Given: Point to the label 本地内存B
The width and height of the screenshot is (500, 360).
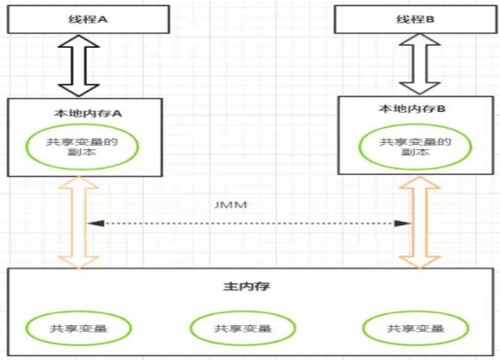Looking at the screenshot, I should pos(412,109).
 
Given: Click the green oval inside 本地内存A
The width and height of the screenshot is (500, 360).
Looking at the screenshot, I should pos(82,147).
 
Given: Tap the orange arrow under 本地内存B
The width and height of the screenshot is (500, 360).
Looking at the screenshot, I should pos(417,224).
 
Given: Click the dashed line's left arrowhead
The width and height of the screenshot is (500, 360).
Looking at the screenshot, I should pos(92,224).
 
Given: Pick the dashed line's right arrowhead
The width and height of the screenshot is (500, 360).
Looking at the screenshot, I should pos(405,224).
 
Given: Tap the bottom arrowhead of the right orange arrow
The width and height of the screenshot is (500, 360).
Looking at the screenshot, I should pos(417,263).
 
